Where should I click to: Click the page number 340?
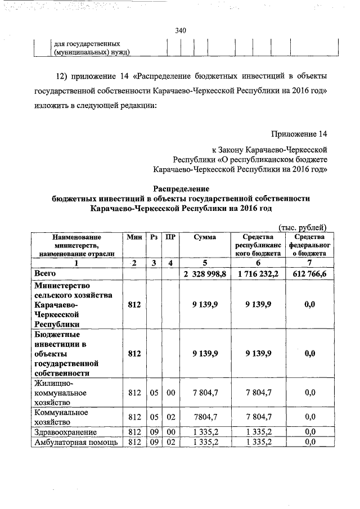pos(180,30)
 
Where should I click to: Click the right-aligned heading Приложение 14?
pos(298,134)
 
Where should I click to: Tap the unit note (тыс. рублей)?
pos(303,227)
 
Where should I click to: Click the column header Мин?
pos(134,238)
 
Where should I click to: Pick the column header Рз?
pos(154,238)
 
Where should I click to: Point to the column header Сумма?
pos(205,238)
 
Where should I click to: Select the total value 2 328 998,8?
pos(205,273)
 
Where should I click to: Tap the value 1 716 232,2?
pos(258,273)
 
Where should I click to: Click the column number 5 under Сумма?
pos(205,263)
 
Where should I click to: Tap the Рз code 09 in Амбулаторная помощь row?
pos(154,442)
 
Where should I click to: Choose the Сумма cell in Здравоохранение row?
pos(205,432)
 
